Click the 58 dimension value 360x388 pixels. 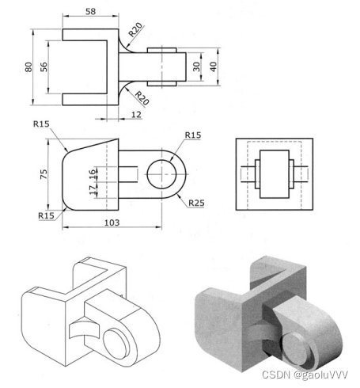point(90,11)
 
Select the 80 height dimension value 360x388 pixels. point(28,67)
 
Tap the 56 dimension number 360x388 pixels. point(44,67)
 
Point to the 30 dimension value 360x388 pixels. point(196,67)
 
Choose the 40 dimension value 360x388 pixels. point(214,67)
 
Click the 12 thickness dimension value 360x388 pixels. point(136,115)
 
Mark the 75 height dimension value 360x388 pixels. point(44,174)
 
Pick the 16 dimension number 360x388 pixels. point(93,174)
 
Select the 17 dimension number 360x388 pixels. point(93,190)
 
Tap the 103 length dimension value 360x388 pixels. point(112,223)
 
